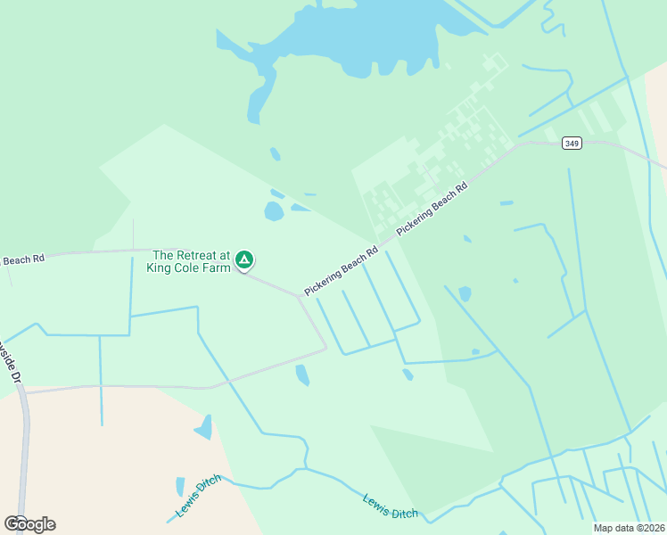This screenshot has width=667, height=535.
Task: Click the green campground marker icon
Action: click(244, 259)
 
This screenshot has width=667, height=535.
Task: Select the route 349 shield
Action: click(572, 143)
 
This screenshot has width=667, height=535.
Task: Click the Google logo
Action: click(29, 523)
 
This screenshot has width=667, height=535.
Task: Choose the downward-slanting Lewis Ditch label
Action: click(390, 506)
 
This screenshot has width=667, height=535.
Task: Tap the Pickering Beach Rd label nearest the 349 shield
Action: click(432, 210)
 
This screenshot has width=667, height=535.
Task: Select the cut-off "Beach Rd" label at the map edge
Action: click(22, 260)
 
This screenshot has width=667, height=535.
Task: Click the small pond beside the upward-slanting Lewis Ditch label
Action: click(180, 486)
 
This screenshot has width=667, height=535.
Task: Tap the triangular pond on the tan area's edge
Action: click(205, 427)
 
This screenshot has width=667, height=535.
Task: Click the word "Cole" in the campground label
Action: click(193, 267)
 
